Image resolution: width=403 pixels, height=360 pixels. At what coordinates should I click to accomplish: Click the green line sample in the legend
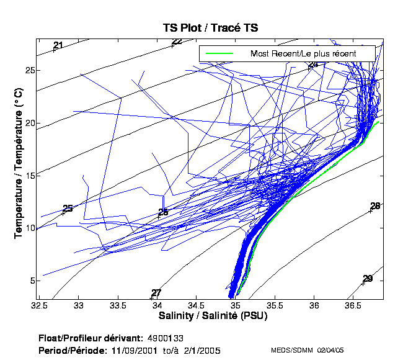pos(218,53)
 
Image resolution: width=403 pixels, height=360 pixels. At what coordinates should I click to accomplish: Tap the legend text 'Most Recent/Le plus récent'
pos(303,53)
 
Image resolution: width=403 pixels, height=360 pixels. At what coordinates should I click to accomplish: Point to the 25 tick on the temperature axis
pos(29,70)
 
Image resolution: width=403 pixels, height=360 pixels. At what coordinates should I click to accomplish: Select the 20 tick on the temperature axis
pos(29,123)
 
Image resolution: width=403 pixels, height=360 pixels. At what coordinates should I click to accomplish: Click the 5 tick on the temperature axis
pos(29,281)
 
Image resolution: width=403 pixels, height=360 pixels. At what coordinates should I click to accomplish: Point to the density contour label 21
pos(58,45)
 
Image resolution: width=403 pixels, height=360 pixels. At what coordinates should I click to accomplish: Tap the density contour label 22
pos(177,42)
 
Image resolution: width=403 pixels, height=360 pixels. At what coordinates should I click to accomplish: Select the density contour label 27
pos(156,293)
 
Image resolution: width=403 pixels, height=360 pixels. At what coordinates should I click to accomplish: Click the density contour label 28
pos(375,206)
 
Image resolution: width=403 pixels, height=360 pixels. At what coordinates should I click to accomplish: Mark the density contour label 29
pos(368,279)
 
